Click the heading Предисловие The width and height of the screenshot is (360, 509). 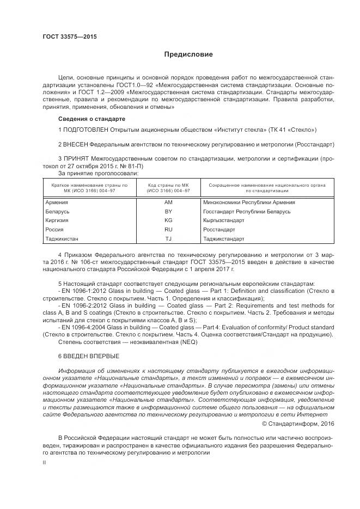pyautogui.click(x=188, y=54)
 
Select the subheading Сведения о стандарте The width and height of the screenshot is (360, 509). pyautogui.click(x=91, y=119)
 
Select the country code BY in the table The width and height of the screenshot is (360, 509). pyautogui.click(x=168, y=211)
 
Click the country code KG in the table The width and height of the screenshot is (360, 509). pyautogui.click(x=168, y=220)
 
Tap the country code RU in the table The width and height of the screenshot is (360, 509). pyautogui.click(x=168, y=230)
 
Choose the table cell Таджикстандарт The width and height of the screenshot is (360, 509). pyautogui.click(x=223, y=239)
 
